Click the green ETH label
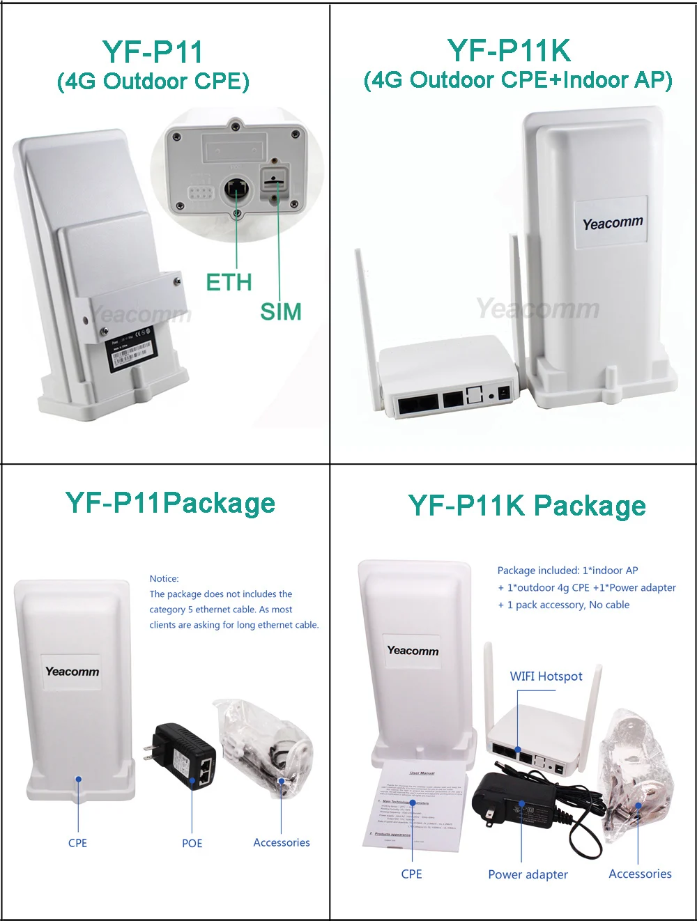click(229, 282)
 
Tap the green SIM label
click(281, 311)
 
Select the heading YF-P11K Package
click(527, 506)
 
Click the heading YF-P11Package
click(171, 503)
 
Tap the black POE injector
click(185, 756)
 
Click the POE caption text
click(192, 843)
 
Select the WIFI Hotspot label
click(546, 676)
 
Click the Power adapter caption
click(528, 874)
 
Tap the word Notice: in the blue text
click(164, 578)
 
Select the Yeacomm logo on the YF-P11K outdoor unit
click(613, 224)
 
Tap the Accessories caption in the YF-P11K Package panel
click(640, 874)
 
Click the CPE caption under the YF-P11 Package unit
click(77, 843)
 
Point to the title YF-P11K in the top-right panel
click(509, 50)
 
